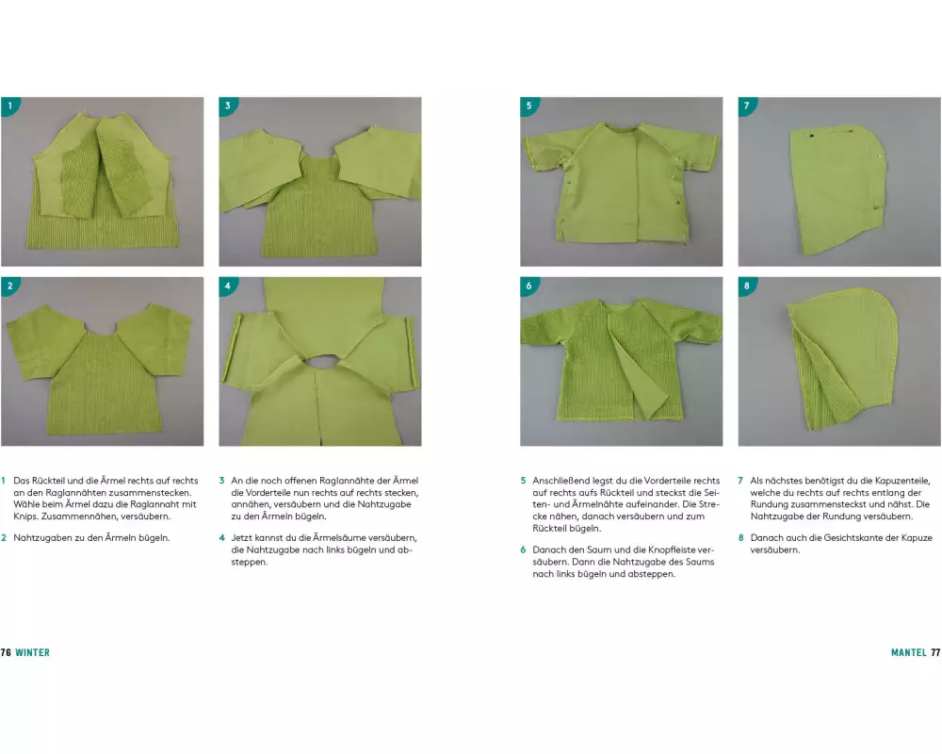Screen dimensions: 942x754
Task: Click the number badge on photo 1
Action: [x=9, y=106]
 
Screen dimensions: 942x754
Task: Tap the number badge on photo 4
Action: [x=227, y=286]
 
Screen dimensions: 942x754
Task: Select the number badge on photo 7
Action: [x=747, y=106]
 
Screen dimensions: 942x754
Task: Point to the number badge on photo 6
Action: [x=528, y=286]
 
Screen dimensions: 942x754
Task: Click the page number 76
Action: [x=6, y=652]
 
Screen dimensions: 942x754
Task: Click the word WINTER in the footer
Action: [x=32, y=652]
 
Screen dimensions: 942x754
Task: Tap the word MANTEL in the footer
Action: [x=909, y=652]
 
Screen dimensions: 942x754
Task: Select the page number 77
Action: [x=936, y=652]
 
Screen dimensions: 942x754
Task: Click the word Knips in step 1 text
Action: [x=25, y=516]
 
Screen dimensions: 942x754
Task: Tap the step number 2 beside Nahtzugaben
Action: [x=4, y=538]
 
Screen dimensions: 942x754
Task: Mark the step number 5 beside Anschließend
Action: [x=523, y=481]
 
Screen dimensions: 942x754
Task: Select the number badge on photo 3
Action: [x=227, y=106]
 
